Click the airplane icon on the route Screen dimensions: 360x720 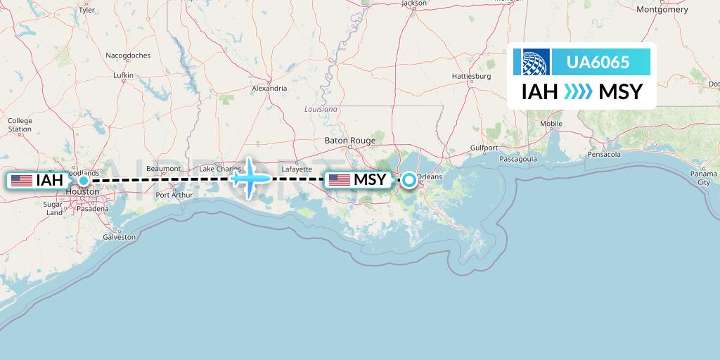pos(250,177)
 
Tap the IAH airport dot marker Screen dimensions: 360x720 pos(84,181)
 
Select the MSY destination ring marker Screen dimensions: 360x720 pos(409,181)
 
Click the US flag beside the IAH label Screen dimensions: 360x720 pos(22,181)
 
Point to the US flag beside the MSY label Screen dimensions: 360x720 pos(339,180)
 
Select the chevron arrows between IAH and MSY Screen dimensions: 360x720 pos(578,92)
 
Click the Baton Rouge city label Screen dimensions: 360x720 pos(350,141)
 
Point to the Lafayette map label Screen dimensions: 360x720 pos(296,169)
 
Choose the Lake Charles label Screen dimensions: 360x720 pos(220,169)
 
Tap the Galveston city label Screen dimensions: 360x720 pos(120,237)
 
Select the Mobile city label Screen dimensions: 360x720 pos(551,124)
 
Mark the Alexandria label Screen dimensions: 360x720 pos(269,89)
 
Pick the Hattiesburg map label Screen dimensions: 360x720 pos(471,75)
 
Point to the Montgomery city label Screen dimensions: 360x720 pos(662,10)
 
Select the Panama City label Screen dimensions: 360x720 pos(703,177)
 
